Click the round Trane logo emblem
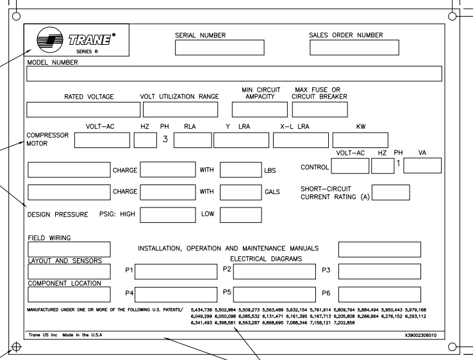click(50, 40)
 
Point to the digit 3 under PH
click(165, 139)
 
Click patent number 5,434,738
click(201, 309)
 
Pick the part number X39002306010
click(420, 335)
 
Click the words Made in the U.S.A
click(82, 335)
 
